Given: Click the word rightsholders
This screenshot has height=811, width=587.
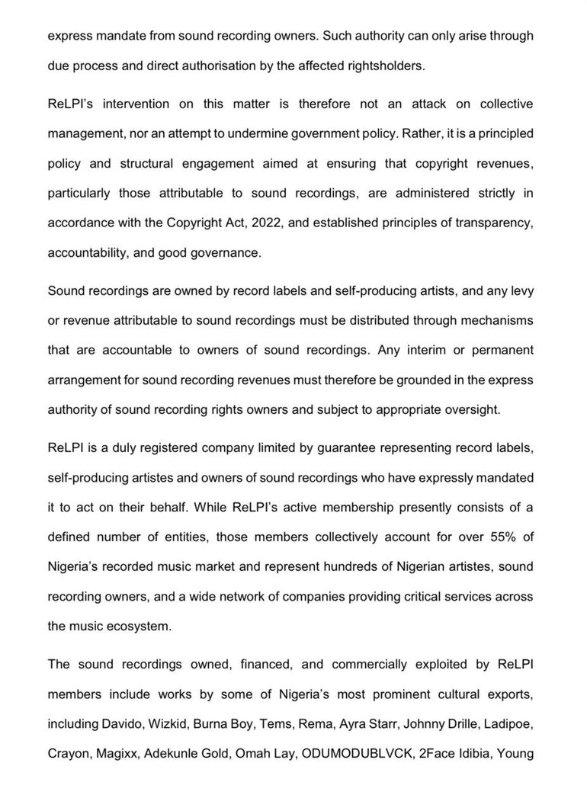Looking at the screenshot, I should [x=386, y=66].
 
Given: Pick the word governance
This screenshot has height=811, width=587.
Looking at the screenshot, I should [x=228, y=252].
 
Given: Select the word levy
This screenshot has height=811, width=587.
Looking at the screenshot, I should [x=521, y=290].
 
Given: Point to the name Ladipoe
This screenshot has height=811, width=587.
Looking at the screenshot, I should [x=509, y=723].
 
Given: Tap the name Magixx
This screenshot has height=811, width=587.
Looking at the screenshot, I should [x=116, y=753].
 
